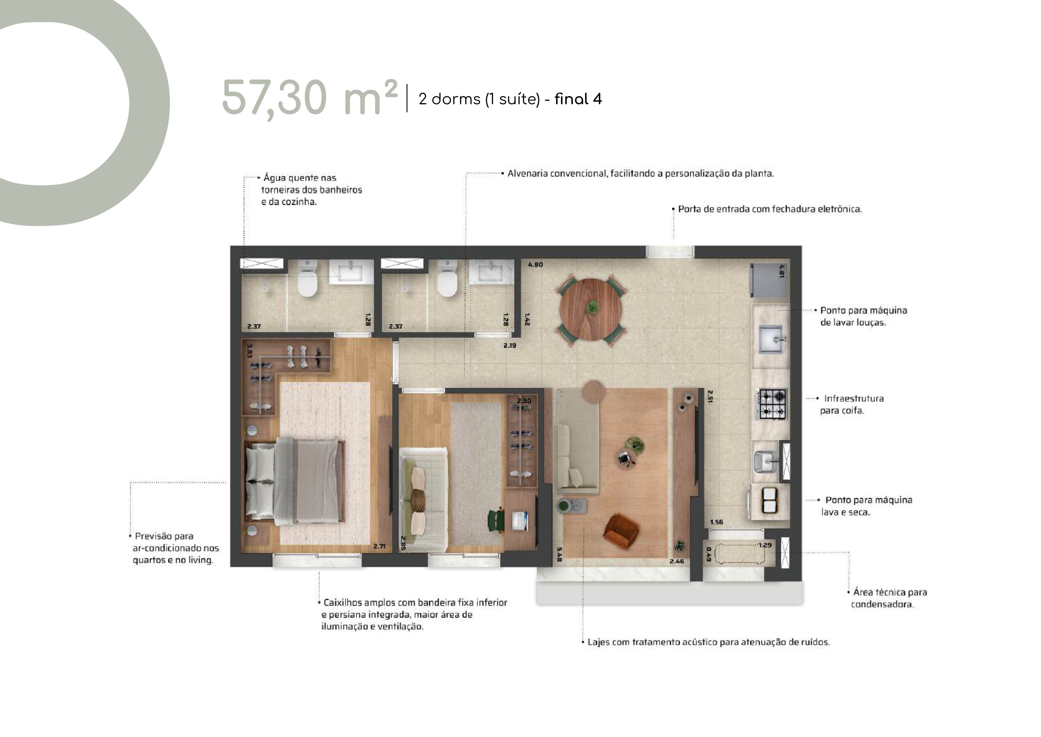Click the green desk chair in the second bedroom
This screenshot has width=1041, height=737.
coord(496,520)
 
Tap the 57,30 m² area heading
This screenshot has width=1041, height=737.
coord(310,98)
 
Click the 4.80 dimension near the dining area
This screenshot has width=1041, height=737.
coord(535,265)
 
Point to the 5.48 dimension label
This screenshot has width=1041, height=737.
coord(559,554)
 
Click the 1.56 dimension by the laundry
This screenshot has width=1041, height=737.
coord(716,522)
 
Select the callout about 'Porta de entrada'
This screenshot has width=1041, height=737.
coord(769,209)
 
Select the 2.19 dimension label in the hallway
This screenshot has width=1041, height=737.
coord(510,345)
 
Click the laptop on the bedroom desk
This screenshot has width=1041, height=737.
coord(520,520)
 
